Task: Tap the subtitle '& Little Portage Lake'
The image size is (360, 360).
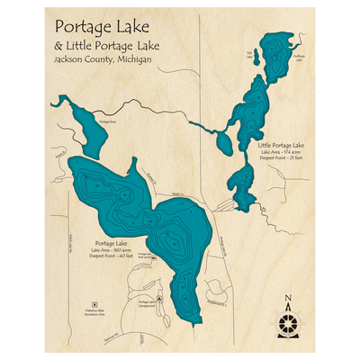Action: tap(107, 44)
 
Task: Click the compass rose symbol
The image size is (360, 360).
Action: tap(287, 321)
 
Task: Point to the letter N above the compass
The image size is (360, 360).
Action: tap(287, 300)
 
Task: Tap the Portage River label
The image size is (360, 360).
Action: tap(107, 120)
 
